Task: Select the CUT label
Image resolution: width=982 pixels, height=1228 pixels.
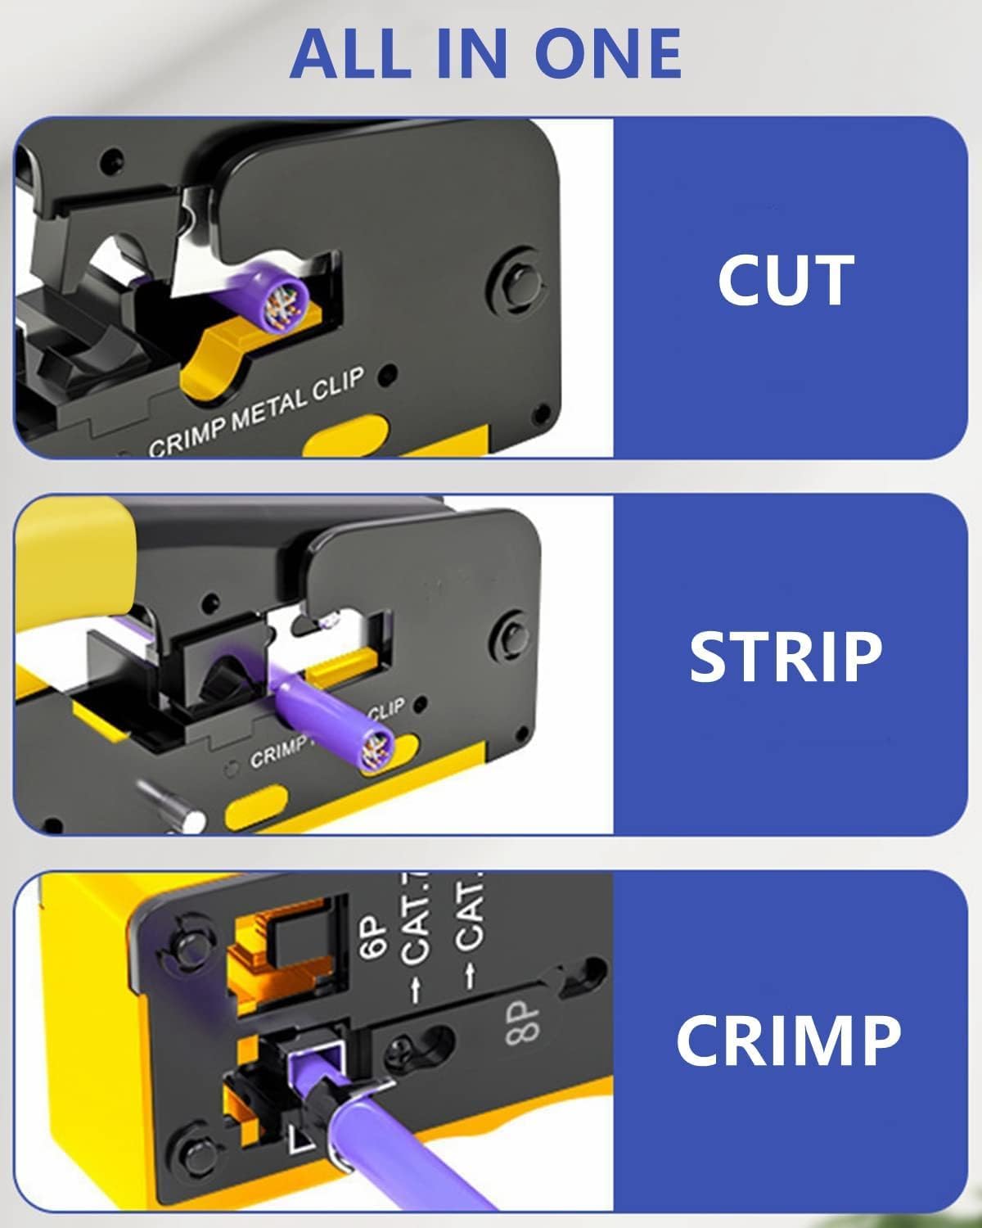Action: pos(786,280)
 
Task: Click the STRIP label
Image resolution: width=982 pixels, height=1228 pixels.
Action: pos(786,657)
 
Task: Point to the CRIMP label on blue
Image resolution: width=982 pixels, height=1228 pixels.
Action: pos(788,1040)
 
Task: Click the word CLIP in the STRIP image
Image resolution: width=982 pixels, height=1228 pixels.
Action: pos(385,710)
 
